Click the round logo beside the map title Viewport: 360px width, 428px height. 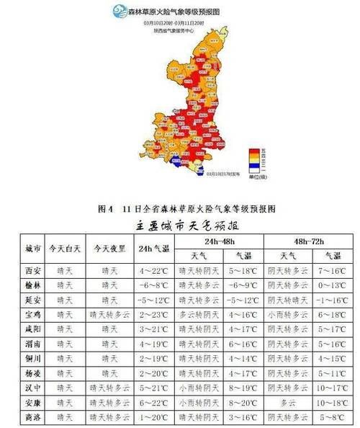(x=118, y=11)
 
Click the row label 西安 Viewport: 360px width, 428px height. (x=32, y=271)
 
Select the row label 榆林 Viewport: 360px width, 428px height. (x=32, y=285)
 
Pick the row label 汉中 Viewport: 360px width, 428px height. (x=32, y=387)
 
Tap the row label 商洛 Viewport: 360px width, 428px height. (x=32, y=416)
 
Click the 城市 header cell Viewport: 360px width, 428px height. (x=32, y=249)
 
